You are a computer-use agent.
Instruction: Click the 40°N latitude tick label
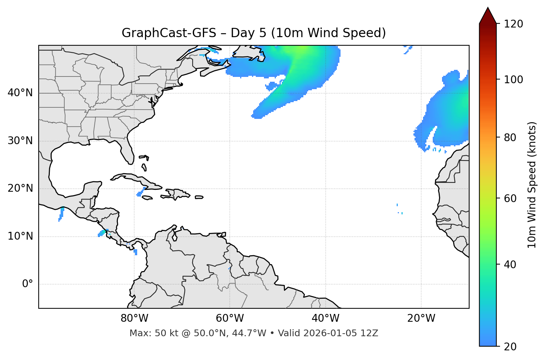[x=20, y=93]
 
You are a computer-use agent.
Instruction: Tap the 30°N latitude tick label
[x=20, y=141]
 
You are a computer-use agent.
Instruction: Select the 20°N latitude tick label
[x=20, y=188]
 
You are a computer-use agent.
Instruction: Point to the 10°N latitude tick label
[x=20, y=236]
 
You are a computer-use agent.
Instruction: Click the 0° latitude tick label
[x=28, y=284]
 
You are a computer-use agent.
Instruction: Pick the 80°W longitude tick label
[x=134, y=318]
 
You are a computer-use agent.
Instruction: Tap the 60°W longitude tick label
[x=230, y=318]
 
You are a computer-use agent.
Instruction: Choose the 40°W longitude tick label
[x=325, y=318]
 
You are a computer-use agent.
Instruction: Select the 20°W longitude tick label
[x=421, y=318]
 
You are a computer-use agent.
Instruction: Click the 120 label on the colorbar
[x=513, y=24]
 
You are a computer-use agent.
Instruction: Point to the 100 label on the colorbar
[x=513, y=80]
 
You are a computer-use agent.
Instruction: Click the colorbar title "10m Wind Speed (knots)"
[x=532, y=185]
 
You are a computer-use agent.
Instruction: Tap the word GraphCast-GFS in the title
[x=169, y=33]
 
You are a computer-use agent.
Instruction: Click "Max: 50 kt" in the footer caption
[x=147, y=333]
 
